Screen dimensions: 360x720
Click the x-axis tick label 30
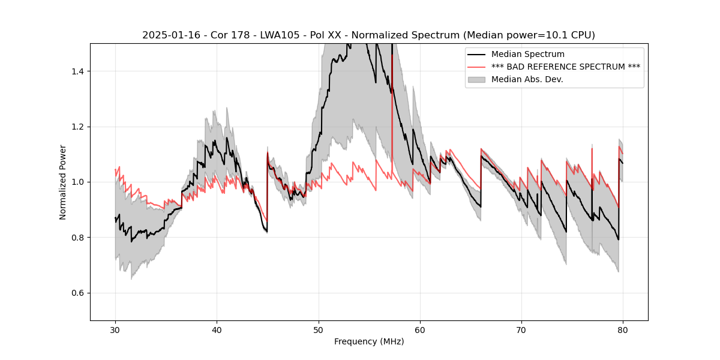pos(115,329)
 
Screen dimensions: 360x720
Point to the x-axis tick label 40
pos(217,329)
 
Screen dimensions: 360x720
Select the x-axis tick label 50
pos(319,329)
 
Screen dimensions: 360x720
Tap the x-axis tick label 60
pos(420,329)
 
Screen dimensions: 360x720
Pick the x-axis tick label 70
pos(521,329)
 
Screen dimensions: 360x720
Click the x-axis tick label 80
pos(623,329)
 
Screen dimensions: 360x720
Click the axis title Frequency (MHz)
pos(369,341)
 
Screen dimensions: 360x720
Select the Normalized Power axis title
pos(63,182)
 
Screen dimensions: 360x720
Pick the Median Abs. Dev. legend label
pos(527,79)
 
